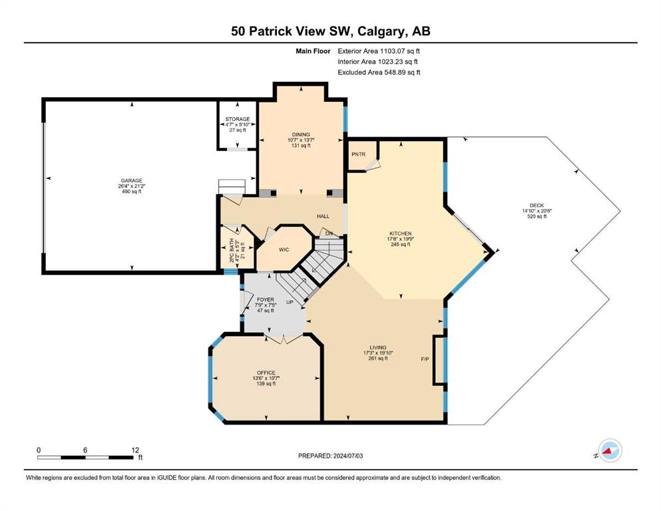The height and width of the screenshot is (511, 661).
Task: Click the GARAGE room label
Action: pos(132,180)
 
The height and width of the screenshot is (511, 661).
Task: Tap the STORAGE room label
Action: pos(238,119)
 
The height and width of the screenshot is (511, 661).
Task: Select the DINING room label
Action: pos(301,135)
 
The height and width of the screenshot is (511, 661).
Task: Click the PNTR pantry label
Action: pos(358,154)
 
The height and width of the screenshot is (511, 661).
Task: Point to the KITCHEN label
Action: pos(401,234)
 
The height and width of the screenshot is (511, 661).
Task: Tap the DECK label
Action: pos(537,206)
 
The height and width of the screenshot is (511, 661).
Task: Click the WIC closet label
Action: pos(284,250)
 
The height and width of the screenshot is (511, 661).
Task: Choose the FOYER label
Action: pos(265,300)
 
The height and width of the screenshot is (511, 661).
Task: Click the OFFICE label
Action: pos(266,373)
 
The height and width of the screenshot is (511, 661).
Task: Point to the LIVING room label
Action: pos(377,348)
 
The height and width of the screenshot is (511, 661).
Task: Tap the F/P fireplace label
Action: pos(425,359)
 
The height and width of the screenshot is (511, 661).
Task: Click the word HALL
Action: pos(323,216)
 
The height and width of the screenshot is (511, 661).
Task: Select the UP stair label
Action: pos(290,302)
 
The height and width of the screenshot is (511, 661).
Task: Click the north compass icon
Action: pos(610,450)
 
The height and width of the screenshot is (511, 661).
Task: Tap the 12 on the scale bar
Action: pos(135,450)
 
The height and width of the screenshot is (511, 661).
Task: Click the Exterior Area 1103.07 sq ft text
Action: pos(379,51)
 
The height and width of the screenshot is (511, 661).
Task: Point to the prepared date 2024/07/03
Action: pos(347,456)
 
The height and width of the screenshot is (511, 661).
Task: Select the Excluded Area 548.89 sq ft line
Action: pos(379,72)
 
